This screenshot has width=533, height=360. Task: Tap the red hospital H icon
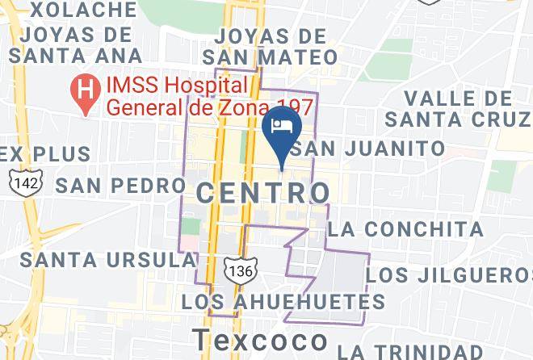[82, 85]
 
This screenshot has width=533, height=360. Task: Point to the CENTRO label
[263, 192]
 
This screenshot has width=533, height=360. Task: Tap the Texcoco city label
[260, 341]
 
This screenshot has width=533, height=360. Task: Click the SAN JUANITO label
[367, 149]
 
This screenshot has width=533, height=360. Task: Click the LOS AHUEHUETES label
[283, 302]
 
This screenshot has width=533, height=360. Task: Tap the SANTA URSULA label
[108, 260]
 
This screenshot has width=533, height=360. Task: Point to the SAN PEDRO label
[121, 185]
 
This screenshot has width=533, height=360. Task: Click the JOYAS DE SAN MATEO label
[270, 47]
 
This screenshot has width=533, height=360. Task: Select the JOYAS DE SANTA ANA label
[77, 44]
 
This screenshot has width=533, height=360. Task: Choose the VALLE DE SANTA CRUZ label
[458, 108]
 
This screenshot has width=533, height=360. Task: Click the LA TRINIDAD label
[432, 351]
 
